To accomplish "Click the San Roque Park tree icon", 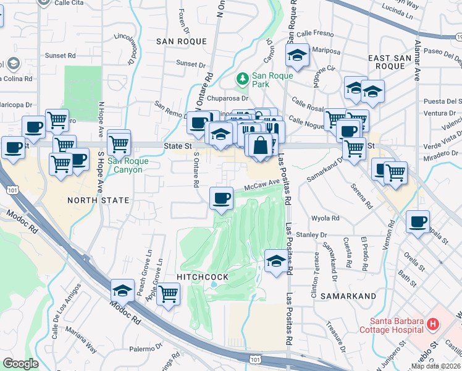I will coord(243,79).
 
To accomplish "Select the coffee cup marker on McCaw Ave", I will coord(221,198).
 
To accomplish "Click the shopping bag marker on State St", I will coord(261,146).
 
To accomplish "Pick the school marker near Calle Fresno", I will coord(297,55).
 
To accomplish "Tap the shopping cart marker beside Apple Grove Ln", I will coord(168,294).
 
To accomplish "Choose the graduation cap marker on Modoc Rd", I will coord(123,291).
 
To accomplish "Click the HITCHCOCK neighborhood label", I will coord(202,278).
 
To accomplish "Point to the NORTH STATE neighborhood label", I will coord(98,200).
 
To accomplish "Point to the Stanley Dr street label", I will coord(311,235).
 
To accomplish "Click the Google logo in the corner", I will coord(21,364).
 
